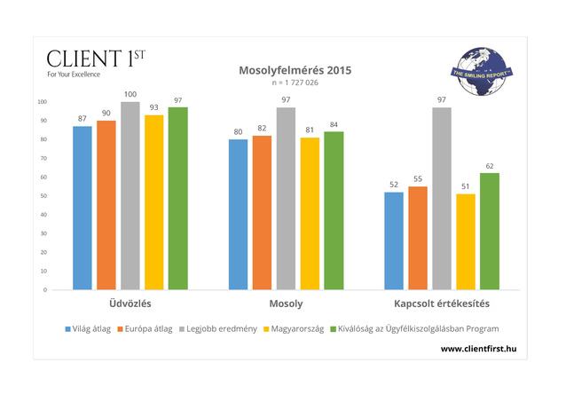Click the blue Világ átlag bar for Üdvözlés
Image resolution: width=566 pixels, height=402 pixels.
point(83,208)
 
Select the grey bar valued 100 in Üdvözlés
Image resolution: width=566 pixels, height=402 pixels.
point(130,195)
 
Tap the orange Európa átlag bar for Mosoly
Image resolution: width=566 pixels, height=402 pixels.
point(262,212)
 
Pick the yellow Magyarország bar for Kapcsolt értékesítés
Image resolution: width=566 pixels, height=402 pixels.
point(465,241)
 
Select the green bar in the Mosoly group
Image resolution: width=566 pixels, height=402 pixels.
point(334,210)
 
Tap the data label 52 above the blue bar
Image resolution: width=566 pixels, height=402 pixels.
point(394,185)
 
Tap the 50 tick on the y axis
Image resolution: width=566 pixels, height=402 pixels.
point(43,195)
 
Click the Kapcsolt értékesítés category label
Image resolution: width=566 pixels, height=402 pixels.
point(442,304)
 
